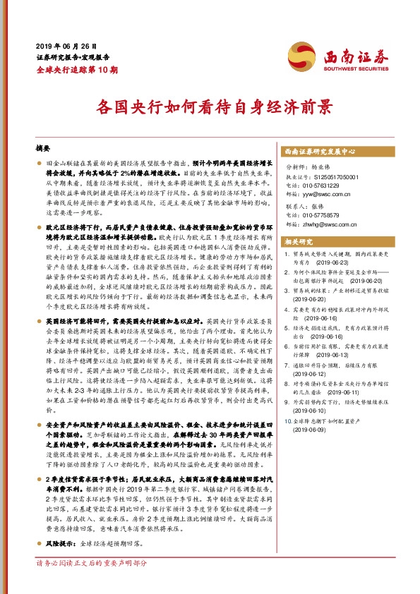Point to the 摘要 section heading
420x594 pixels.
(43, 150)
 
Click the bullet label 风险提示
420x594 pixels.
(61, 545)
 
